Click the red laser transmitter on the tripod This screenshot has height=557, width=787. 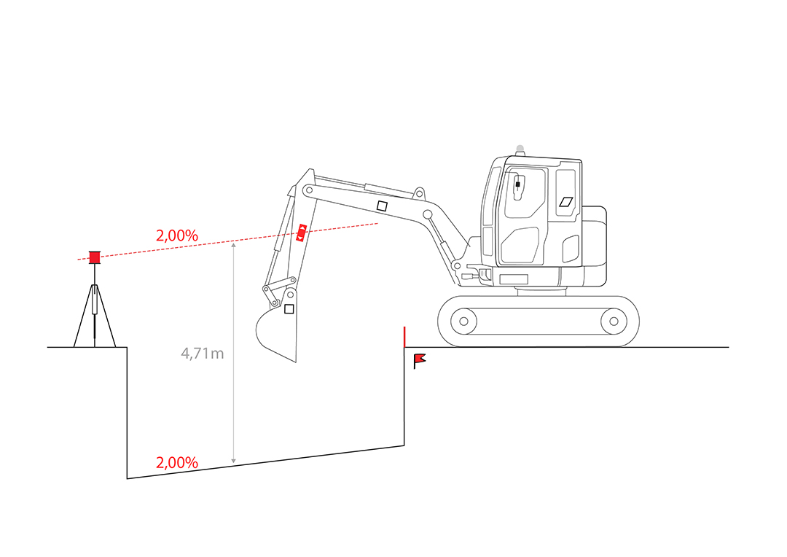pyautogui.click(x=94, y=257)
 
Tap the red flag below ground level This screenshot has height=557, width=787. pyautogui.click(x=419, y=361)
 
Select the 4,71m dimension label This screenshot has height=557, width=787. pyautogui.click(x=203, y=354)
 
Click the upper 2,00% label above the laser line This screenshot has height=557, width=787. pyautogui.click(x=176, y=235)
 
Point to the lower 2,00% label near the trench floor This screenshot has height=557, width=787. pyautogui.click(x=176, y=462)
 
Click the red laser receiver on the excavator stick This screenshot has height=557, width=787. pyautogui.click(x=301, y=233)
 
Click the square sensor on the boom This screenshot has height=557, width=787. pyautogui.click(x=382, y=206)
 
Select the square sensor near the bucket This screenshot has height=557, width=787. pyautogui.click(x=289, y=309)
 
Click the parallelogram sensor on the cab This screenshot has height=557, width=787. pyautogui.click(x=566, y=202)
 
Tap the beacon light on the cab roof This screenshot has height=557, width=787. pyautogui.click(x=520, y=149)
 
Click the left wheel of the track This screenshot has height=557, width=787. pyautogui.click(x=463, y=321)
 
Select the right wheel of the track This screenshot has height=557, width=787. pyautogui.click(x=614, y=321)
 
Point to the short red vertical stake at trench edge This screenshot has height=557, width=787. pyautogui.click(x=404, y=337)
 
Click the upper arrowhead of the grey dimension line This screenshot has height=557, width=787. pyautogui.click(x=233, y=245)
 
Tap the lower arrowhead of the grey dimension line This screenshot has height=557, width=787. pyautogui.click(x=233, y=460)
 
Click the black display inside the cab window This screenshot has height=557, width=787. pyautogui.click(x=517, y=185)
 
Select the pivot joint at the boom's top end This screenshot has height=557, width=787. pyautogui.click(x=309, y=190)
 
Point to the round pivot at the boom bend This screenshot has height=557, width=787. pyautogui.click(x=428, y=214)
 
